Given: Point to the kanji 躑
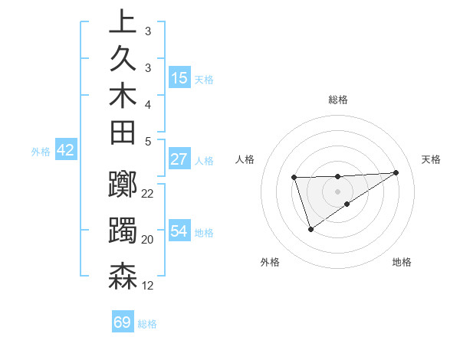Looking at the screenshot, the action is (123, 185).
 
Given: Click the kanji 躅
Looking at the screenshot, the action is (123, 231).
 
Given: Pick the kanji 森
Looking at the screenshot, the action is (123, 277).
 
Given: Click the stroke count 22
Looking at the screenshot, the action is (148, 193).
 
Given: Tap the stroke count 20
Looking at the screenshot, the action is (148, 239).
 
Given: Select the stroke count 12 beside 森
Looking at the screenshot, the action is (148, 286).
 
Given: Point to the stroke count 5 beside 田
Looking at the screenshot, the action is (147, 141).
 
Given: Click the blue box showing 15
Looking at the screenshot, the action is (179, 77).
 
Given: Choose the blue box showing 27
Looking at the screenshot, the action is (179, 159).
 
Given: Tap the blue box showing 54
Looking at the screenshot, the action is (179, 231).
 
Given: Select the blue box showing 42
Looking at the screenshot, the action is (65, 150).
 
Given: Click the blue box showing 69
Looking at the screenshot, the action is (123, 322).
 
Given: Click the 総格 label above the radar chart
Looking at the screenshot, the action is (337, 100).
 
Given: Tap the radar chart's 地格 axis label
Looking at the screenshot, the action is (402, 262).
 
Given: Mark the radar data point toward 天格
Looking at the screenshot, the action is (396, 172).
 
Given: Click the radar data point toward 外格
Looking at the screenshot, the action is (310, 229).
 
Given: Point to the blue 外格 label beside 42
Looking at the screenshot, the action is (41, 151).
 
